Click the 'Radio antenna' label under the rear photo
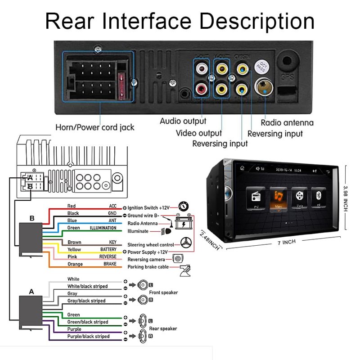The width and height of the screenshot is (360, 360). pos(287,122)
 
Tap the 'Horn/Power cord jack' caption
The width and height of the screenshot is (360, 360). pos(94,127)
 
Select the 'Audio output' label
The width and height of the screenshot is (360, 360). pos(183,121)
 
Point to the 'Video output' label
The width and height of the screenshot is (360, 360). pos(198,133)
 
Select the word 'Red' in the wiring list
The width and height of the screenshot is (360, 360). pos(72,206)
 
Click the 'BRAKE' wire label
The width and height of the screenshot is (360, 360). pos(110,264)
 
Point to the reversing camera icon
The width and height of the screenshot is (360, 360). pos(179,259)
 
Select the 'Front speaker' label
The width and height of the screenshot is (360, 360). pos(163,292)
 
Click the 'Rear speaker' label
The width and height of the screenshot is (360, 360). pos(163,328)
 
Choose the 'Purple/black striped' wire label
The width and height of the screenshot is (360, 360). pos(88,336)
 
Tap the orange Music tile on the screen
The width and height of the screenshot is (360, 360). pos(278,198)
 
